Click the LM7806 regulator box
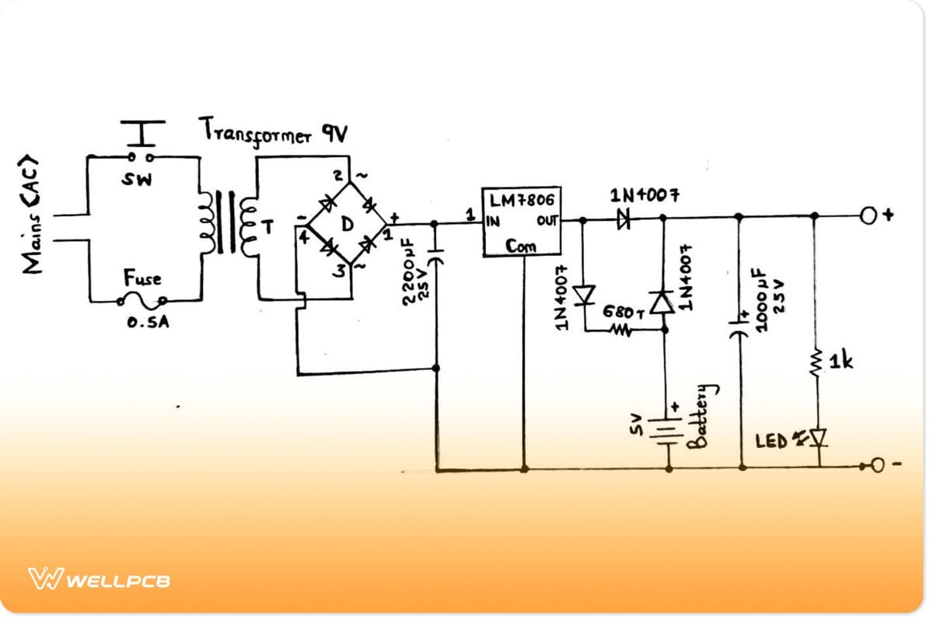[x=522, y=222]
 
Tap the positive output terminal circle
[x=870, y=216]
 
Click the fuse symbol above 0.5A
[x=142, y=299]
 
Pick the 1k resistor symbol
[x=816, y=362]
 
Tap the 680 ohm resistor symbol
[x=621, y=330]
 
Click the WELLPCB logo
[x=99, y=579]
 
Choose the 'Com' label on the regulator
[x=521, y=246]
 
